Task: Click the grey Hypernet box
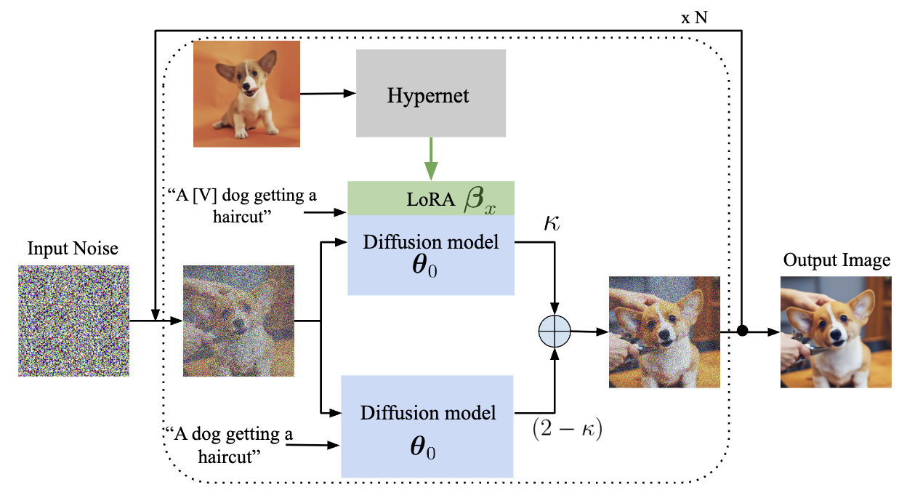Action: (x=430, y=93)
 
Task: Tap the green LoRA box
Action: (x=430, y=198)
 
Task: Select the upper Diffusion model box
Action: (x=430, y=254)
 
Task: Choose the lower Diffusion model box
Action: (x=428, y=426)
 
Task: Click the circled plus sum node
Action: (x=555, y=332)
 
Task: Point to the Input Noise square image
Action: (x=73, y=320)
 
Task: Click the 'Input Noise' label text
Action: (x=73, y=249)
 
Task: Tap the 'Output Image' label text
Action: (x=836, y=260)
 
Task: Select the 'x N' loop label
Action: (x=693, y=17)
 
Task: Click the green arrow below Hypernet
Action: (x=432, y=158)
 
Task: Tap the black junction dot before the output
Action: (x=742, y=332)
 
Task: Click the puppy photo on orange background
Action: (x=246, y=94)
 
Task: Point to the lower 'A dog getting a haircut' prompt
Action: (x=228, y=444)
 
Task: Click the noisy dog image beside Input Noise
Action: (x=238, y=320)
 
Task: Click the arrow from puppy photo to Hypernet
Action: (x=327, y=93)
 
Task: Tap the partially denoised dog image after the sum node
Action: (x=664, y=332)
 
